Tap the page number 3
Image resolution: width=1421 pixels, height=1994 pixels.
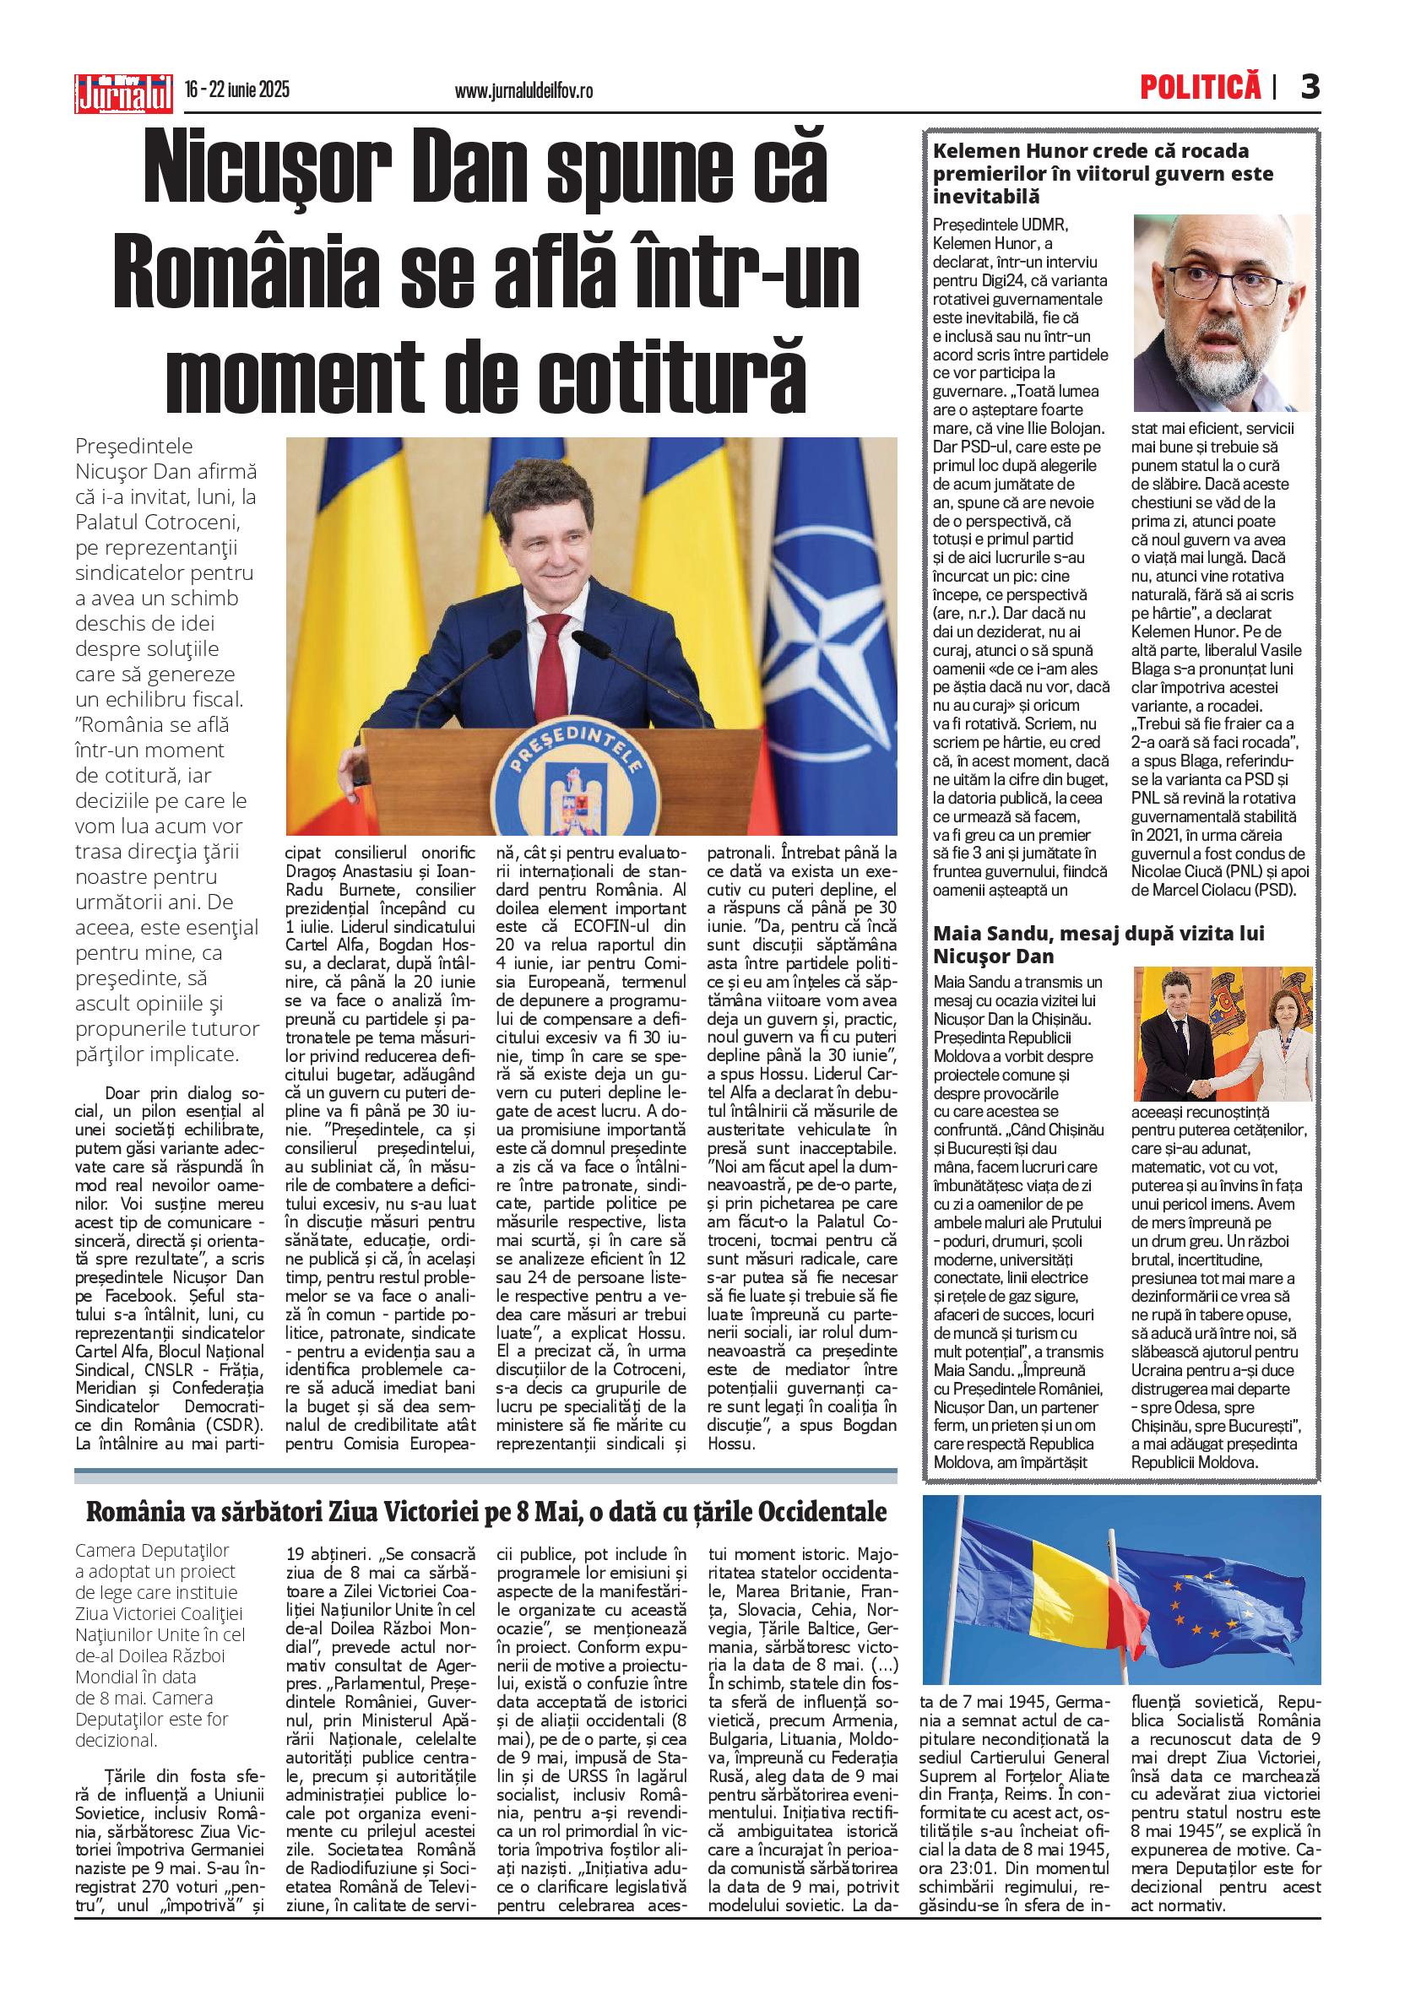(1309, 88)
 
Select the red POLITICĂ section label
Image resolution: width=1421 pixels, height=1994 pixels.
(1201, 88)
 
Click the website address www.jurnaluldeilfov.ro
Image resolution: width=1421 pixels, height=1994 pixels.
(524, 90)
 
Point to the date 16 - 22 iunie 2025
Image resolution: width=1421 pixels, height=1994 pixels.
(237, 90)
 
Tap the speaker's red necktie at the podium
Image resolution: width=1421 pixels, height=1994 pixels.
(549, 666)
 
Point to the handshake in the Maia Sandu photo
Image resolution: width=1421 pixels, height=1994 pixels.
(1214, 1087)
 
